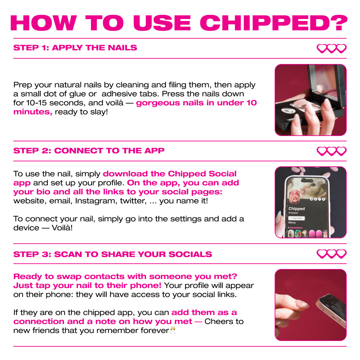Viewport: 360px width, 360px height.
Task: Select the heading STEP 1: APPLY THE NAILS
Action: tap(75, 48)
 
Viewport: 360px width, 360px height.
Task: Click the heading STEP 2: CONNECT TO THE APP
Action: tap(89, 151)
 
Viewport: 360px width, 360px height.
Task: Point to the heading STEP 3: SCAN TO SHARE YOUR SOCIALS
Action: tap(113, 254)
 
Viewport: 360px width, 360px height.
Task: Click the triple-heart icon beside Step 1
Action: tap(331, 49)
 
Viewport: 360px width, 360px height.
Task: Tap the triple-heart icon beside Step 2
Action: tap(331, 151)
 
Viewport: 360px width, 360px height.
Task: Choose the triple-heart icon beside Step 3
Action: tap(331, 254)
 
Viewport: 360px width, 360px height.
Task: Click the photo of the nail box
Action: tap(310, 100)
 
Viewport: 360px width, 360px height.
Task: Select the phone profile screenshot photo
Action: tap(310, 202)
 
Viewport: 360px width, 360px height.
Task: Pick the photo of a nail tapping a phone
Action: tap(310, 305)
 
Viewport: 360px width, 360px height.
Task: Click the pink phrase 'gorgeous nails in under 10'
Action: tap(196, 103)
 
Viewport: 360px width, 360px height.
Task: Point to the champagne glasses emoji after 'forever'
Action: tap(173, 330)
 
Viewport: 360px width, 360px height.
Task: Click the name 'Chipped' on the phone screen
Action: tap(297, 209)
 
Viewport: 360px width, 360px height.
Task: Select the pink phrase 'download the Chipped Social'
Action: tap(170, 174)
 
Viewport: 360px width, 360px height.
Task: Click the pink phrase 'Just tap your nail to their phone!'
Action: tap(87, 285)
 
